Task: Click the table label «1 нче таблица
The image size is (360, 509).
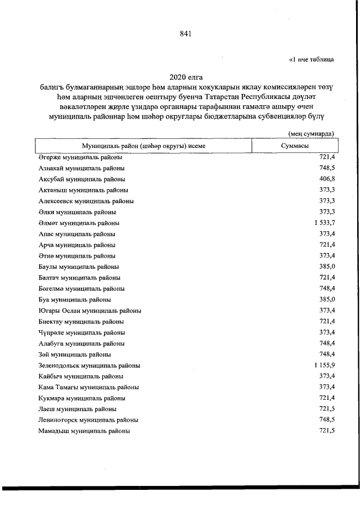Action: (x=312, y=58)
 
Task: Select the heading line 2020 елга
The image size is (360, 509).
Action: (x=186, y=76)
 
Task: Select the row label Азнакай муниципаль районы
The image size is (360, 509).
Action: (x=82, y=168)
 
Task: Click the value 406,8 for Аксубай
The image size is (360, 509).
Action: (x=327, y=179)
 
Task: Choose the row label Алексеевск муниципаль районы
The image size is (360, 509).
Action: (x=86, y=201)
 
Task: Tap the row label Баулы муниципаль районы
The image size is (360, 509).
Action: (x=78, y=267)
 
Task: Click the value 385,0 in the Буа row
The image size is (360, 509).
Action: (x=327, y=299)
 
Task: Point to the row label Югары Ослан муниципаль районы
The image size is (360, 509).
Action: (x=89, y=310)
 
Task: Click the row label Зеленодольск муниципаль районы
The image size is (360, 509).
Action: (x=89, y=366)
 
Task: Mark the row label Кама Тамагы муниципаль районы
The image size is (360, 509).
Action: (x=89, y=388)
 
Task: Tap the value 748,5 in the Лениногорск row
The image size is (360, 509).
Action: (x=327, y=420)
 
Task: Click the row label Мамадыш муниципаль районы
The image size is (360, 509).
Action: (x=84, y=431)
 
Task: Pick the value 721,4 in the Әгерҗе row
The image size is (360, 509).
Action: (x=327, y=157)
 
